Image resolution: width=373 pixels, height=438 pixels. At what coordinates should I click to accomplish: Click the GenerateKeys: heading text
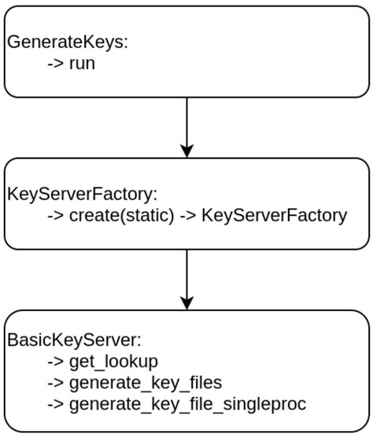click(x=67, y=43)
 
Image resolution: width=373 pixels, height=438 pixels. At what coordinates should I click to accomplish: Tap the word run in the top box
click(x=81, y=63)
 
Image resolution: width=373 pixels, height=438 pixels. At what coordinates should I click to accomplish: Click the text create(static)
click(x=121, y=214)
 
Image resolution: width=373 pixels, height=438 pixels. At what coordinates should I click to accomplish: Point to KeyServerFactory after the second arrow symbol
click(x=274, y=214)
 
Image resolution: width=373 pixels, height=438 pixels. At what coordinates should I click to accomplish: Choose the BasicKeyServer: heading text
click(x=74, y=340)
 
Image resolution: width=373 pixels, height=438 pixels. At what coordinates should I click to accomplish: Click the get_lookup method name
click(x=113, y=362)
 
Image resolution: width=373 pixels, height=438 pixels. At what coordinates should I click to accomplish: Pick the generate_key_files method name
click(x=146, y=383)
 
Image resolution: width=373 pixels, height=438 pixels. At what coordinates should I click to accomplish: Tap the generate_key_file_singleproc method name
click(x=187, y=404)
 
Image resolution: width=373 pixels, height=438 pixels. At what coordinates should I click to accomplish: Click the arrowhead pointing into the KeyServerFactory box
click(x=186, y=150)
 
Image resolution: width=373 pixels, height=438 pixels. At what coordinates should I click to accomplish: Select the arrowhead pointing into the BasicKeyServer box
click(x=186, y=302)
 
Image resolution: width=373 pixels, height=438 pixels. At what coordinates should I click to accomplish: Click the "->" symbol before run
click(x=55, y=63)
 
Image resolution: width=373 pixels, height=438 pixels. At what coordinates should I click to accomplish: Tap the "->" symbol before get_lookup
click(x=55, y=362)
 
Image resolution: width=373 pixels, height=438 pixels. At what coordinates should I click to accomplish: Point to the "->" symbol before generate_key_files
click(x=55, y=383)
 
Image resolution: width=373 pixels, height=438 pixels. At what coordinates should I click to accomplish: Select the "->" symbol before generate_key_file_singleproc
click(x=55, y=404)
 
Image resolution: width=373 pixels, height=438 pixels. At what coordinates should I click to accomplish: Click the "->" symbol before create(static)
click(x=55, y=214)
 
